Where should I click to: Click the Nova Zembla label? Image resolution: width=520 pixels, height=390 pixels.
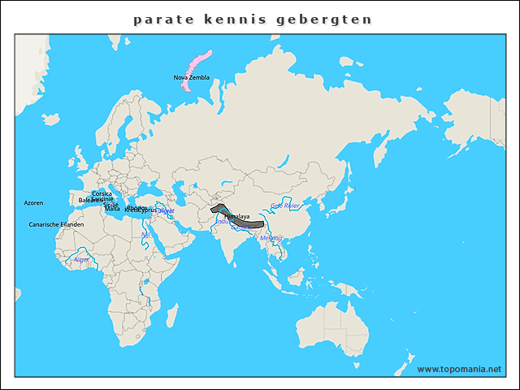point(192,77)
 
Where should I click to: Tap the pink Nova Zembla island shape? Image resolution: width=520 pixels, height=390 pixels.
point(195,67)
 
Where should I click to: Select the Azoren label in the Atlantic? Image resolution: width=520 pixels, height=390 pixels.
point(33,203)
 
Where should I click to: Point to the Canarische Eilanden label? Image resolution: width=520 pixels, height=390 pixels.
point(56,224)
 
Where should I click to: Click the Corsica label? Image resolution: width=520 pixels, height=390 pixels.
point(102,193)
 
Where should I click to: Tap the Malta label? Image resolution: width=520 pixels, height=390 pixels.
point(112,209)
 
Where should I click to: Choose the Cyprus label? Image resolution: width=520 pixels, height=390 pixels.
point(147,210)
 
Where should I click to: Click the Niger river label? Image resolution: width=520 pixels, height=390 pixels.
point(82,260)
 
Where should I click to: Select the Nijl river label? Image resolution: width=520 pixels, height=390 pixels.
point(145,235)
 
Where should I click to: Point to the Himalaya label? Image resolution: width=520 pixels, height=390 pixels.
point(236,217)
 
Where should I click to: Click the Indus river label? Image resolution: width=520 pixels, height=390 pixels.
point(222,221)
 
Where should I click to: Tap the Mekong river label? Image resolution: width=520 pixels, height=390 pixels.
point(271,238)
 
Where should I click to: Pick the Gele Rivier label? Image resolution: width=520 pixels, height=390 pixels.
point(285,206)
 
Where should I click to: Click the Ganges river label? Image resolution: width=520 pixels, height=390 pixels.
point(242,227)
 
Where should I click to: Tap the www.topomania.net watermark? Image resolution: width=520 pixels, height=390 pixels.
point(459,369)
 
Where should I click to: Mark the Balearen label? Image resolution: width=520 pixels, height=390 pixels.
point(90,200)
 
